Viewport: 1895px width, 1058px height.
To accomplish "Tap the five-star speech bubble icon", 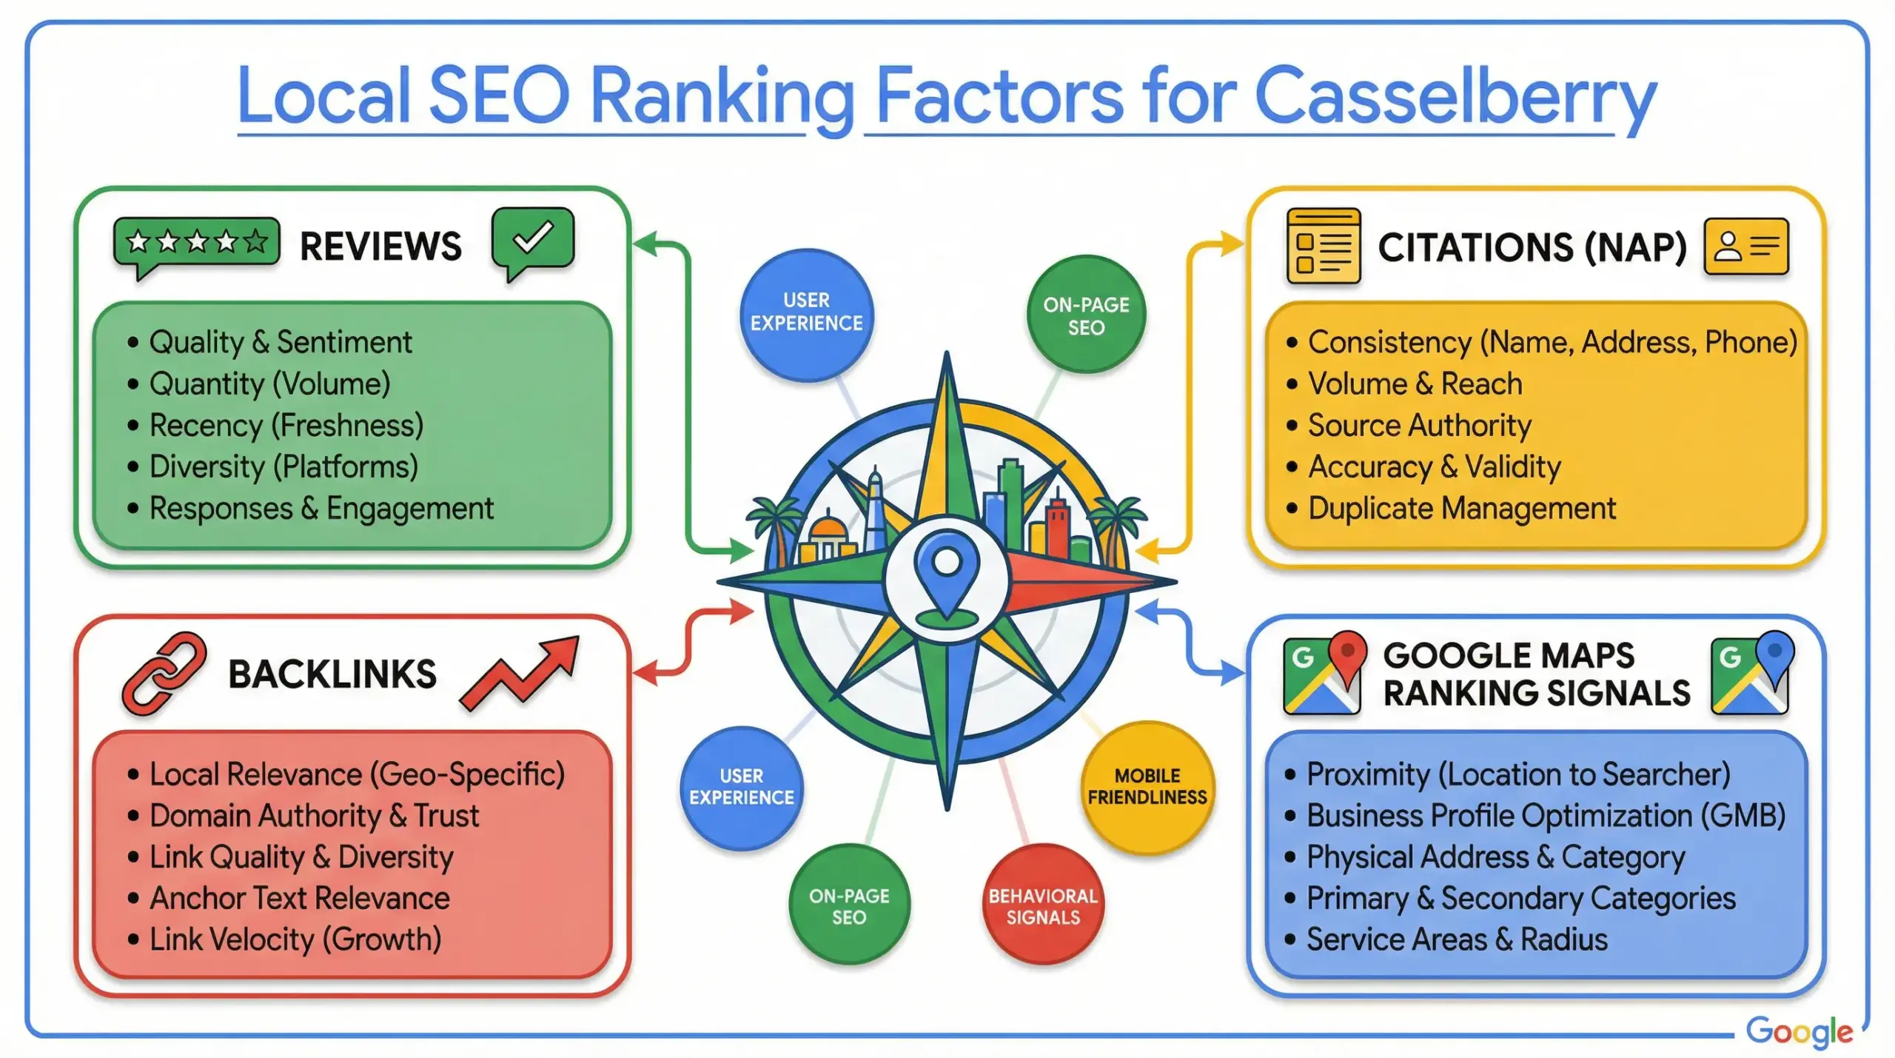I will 196,242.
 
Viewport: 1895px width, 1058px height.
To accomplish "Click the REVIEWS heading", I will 380,247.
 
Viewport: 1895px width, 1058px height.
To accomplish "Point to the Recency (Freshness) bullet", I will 286,426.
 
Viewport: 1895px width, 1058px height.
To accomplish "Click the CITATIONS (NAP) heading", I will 1532,247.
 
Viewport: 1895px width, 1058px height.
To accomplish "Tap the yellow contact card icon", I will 1745,247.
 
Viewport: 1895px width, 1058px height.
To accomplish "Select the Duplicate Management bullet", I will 1461,509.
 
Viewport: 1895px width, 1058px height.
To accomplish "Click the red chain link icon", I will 164,674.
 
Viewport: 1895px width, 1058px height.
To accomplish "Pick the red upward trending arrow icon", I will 520,672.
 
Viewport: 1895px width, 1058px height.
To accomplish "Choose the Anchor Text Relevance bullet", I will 299,898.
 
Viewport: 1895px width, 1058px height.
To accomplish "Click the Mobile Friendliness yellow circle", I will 1147,787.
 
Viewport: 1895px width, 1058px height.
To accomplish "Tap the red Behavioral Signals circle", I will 1042,906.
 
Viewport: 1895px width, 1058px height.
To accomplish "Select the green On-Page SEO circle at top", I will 1086,315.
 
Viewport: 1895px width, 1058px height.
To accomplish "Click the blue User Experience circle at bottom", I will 741,787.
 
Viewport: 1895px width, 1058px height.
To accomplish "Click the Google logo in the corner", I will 1798,1031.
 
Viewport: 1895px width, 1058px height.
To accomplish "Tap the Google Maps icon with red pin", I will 1322,672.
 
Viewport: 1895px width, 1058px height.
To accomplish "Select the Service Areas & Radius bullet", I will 1456,940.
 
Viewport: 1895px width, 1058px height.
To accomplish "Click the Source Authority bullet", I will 1418,426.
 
